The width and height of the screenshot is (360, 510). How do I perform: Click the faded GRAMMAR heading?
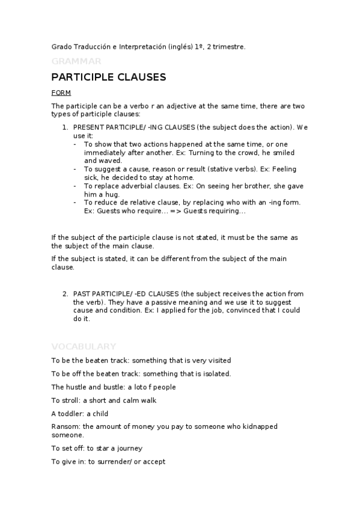[76, 61]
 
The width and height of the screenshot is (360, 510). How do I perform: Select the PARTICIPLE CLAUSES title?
[108, 78]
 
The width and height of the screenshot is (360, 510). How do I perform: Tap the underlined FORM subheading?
[61, 93]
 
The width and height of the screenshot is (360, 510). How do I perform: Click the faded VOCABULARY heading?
[84, 346]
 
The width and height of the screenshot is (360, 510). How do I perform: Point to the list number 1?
[65, 127]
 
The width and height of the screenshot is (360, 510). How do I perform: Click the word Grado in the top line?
[61, 46]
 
